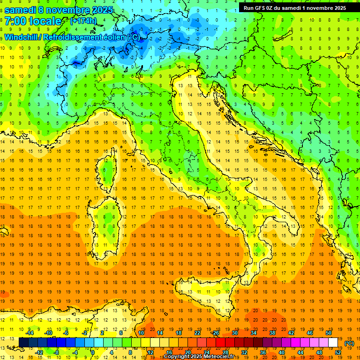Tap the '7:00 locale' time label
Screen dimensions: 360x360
pos(33,21)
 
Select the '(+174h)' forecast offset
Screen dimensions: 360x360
pos(83,21)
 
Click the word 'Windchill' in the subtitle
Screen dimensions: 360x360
pos(22,37)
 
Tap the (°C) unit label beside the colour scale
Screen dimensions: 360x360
pos(349,343)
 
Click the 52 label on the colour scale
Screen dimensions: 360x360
pos(338,352)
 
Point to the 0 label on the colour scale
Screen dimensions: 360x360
pos(93,352)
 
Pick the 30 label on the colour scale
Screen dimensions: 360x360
pos(234,332)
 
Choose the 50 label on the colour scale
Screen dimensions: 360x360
pos(329,332)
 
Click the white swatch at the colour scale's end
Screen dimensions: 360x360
pos(333,342)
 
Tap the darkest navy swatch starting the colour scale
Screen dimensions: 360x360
pos(24,342)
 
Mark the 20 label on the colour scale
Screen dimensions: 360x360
pos(187,352)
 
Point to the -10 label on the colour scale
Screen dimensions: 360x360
pos(48,332)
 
